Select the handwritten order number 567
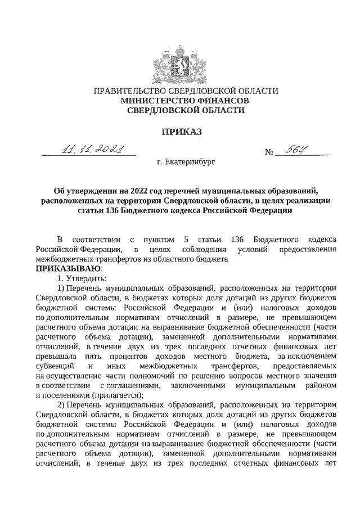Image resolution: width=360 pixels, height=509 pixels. pos(299,149)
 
